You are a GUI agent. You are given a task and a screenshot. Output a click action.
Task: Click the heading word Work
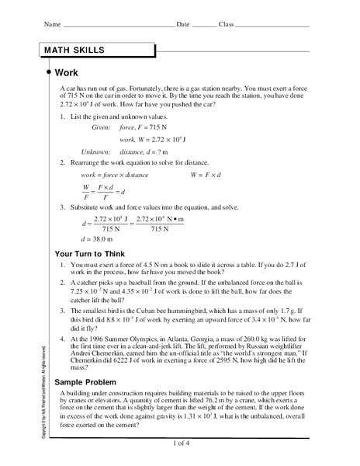click(67, 72)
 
